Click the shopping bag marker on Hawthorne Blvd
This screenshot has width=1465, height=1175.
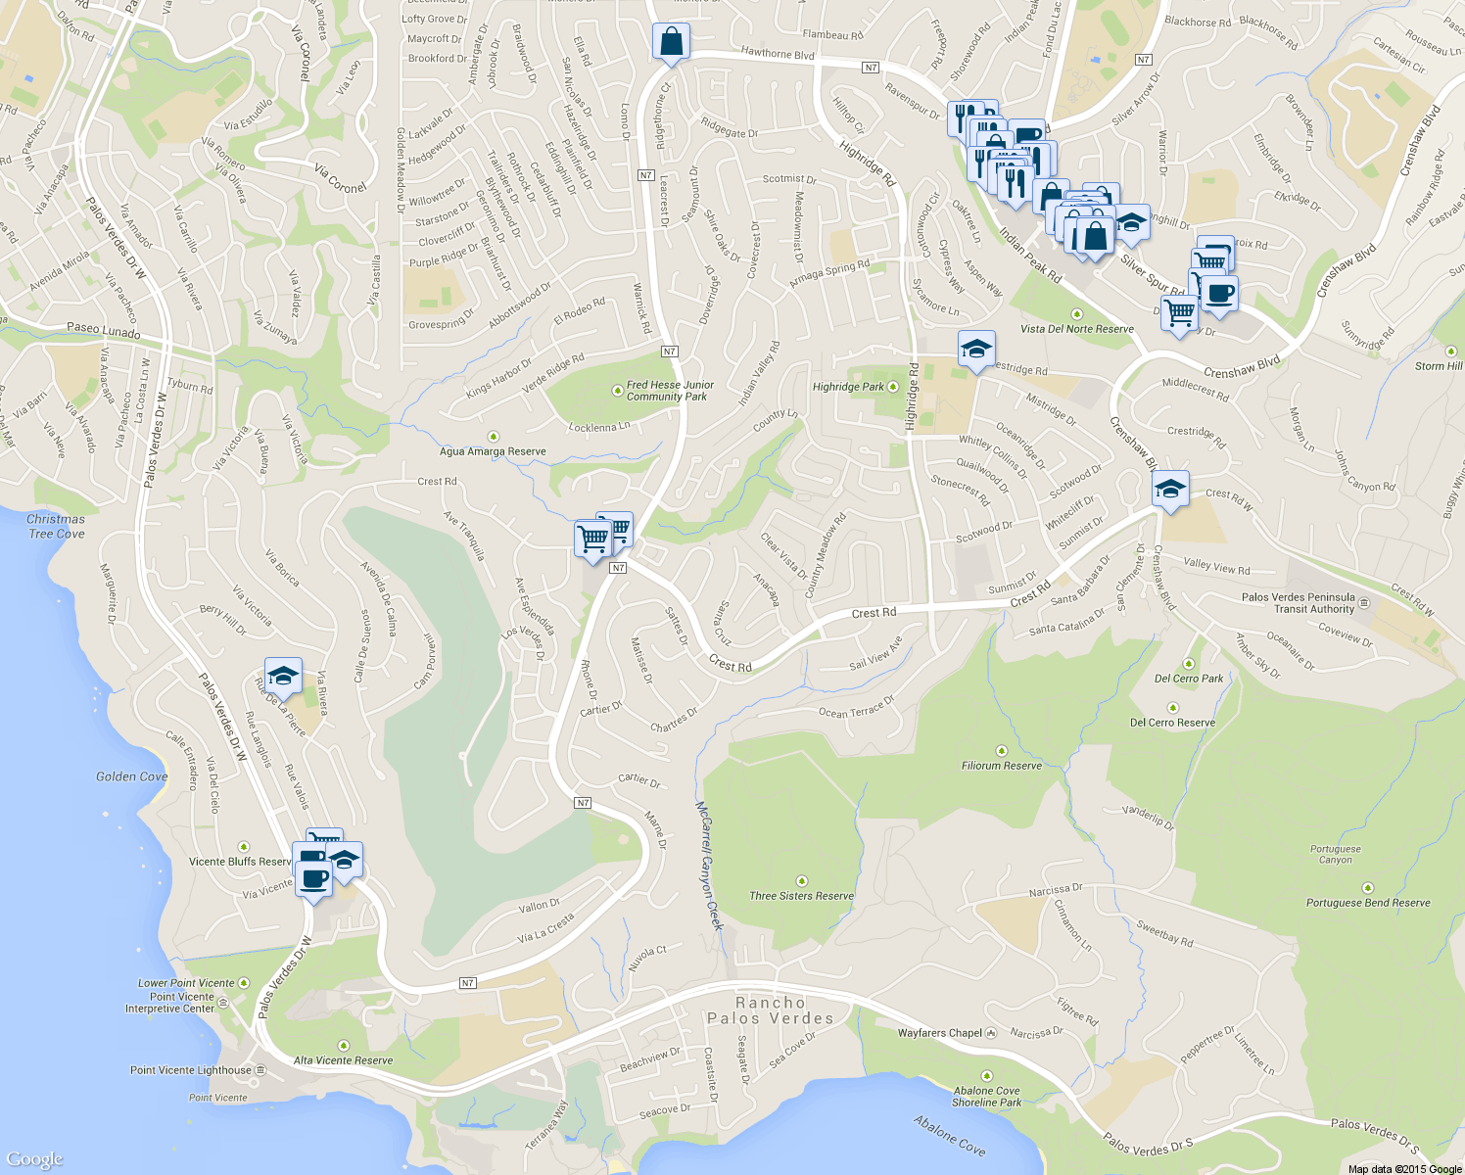[671, 42]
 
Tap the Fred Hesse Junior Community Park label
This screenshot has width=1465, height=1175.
[670, 391]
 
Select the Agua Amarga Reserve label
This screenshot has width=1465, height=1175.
[493, 451]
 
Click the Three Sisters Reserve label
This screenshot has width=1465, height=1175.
[801, 895]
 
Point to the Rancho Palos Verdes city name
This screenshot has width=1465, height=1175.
[771, 1010]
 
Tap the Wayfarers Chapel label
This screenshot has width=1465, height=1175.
[940, 1033]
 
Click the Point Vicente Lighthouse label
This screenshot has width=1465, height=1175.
[191, 1070]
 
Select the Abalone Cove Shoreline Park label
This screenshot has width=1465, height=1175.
[987, 1097]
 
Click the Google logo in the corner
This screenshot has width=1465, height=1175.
[34, 1159]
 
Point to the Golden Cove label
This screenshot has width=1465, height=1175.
[131, 776]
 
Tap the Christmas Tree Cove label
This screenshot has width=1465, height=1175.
[56, 527]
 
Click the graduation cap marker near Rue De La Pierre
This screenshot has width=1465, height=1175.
[283, 676]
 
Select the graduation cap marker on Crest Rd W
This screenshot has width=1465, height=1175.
[1170, 489]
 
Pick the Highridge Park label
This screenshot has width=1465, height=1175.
[848, 387]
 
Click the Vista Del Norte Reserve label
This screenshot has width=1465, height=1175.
[1077, 329]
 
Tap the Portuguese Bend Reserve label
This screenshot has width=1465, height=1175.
[1368, 903]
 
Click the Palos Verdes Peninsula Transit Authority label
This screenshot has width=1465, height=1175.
[1298, 602]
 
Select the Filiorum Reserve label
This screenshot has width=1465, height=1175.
[1002, 766]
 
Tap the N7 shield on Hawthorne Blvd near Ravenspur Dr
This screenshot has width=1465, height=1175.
[871, 68]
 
